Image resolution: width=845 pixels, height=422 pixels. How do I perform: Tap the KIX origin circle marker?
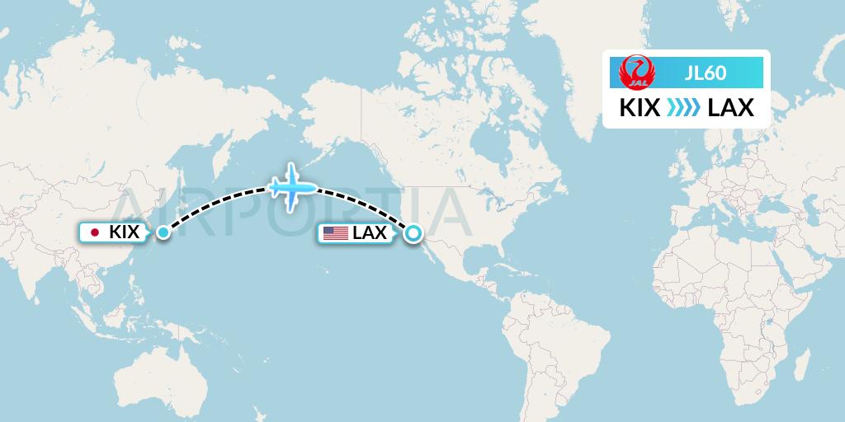163,232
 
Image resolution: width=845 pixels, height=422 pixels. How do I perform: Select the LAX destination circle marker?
412,233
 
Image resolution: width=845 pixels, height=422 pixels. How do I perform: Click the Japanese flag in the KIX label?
95,232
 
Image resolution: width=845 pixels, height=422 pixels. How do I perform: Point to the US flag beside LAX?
335,233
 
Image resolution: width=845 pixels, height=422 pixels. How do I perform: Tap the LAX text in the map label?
369,233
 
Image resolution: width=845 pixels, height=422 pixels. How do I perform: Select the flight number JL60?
706,73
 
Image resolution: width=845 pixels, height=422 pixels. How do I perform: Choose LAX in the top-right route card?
731,108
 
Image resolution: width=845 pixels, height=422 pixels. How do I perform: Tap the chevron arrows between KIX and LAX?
684,108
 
